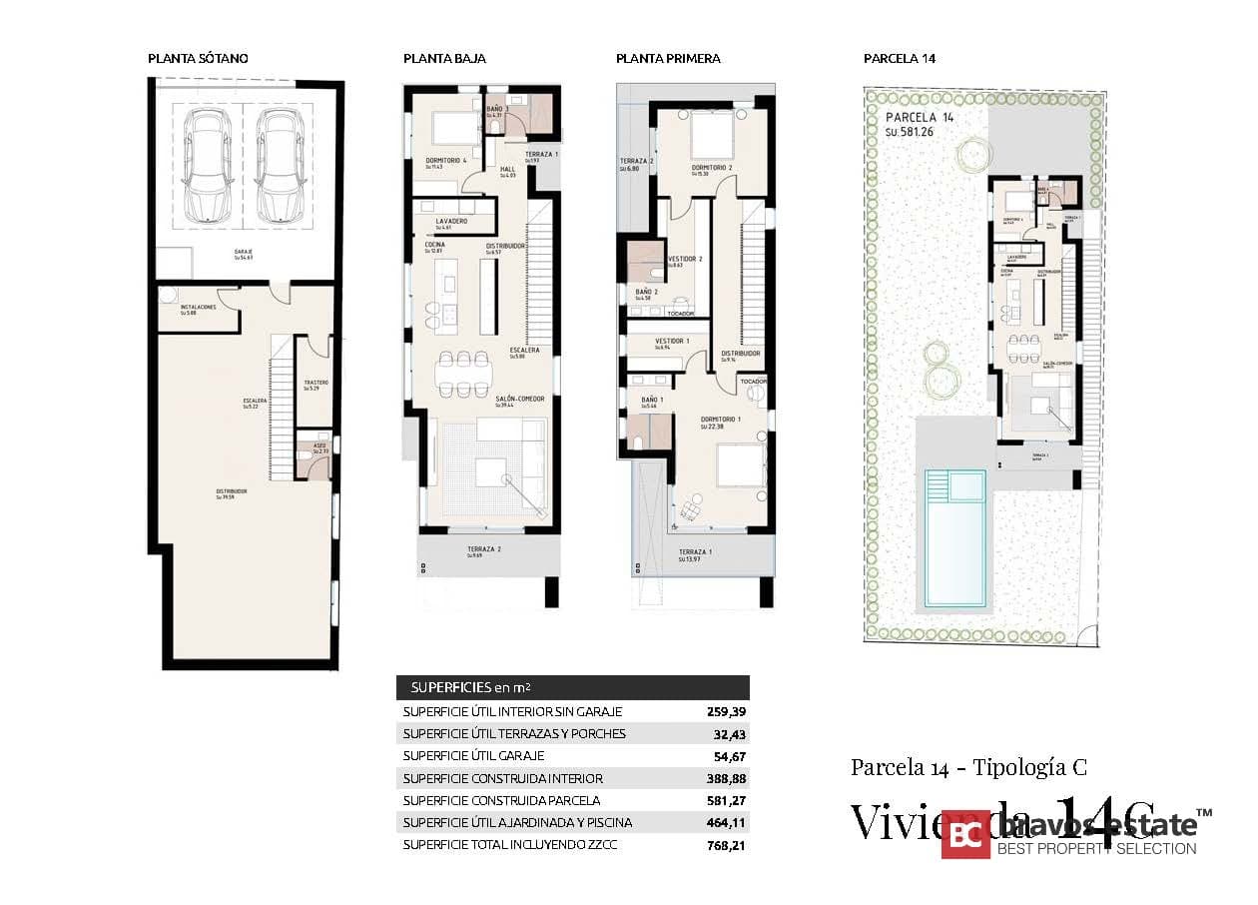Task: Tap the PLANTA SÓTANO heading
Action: coord(198,59)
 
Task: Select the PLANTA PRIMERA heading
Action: coord(668,59)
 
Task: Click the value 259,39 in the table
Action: coord(726,712)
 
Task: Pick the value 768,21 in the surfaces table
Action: coord(726,845)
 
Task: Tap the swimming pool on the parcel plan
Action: coord(953,539)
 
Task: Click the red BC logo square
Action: coord(965,833)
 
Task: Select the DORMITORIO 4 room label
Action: coord(446,161)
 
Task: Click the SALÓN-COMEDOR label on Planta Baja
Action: coord(519,399)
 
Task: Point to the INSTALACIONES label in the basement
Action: coord(198,307)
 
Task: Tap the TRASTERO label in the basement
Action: coord(315,383)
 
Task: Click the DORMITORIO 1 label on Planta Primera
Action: coord(720,420)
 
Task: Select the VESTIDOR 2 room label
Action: coord(684,259)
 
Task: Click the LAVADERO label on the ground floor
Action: coord(451,221)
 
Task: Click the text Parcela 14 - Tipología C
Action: coord(968,767)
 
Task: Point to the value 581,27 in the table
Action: coord(726,801)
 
